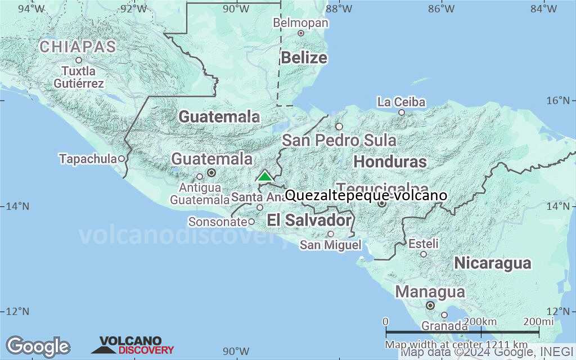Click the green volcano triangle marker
click(264, 175)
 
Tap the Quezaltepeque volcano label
click(366, 196)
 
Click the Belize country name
click(304, 57)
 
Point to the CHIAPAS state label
click(78, 46)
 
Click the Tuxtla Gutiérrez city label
click(79, 78)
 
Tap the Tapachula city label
click(88, 159)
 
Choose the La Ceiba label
click(402, 102)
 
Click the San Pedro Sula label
click(339, 140)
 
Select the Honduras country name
click(390, 162)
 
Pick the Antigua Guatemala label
click(200, 193)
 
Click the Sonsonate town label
click(218, 222)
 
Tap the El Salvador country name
click(309, 220)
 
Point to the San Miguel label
click(330, 245)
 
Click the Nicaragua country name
click(493, 263)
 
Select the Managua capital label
click(430, 292)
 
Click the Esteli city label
click(424, 244)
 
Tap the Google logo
click(38, 346)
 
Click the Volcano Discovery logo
click(133, 345)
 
